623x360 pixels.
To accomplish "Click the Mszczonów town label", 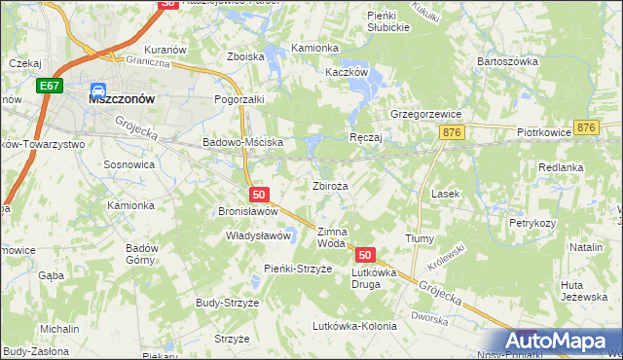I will click(x=125, y=98).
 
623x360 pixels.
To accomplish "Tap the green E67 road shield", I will click(x=52, y=87).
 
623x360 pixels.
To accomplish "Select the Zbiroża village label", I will click(x=331, y=185).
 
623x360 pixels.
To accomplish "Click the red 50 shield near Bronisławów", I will click(x=258, y=195).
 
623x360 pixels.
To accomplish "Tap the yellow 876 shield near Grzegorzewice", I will click(x=450, y=133).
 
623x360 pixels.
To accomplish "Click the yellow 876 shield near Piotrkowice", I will click(x=585, y=127).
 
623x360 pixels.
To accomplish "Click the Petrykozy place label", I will click(x=531, y=223).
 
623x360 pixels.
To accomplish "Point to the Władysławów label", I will click(x=259, y=235).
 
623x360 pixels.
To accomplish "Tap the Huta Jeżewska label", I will click(x=584, y=290).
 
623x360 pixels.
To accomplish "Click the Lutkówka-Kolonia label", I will click(x=354, y=326).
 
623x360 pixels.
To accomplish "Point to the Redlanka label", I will click(x=561, y=167).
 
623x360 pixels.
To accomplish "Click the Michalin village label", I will click(x=59, y=329).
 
